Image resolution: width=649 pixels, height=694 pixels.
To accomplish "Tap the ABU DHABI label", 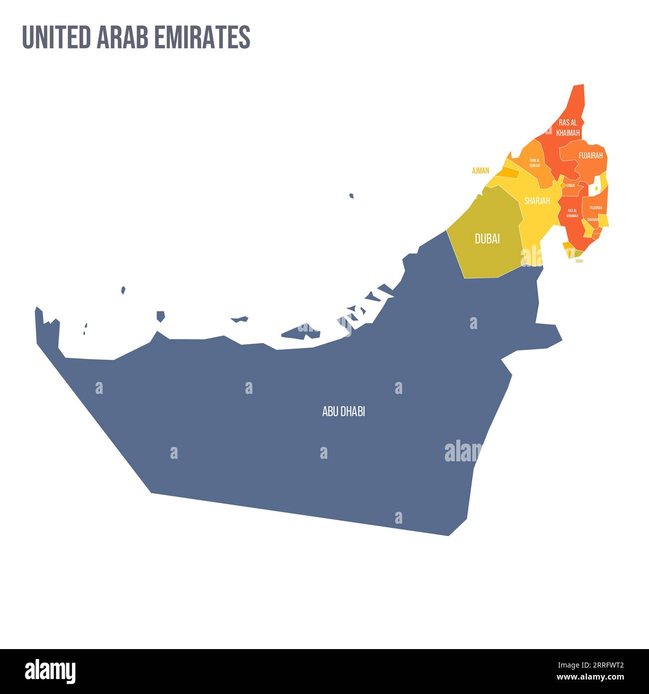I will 343,411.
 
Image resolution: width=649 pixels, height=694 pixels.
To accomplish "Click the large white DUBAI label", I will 487,239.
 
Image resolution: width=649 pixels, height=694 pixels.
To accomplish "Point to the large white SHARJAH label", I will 537,201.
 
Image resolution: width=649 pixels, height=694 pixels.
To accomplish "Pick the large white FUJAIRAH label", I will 591,155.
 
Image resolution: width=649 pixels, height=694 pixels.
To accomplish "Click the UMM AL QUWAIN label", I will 534,163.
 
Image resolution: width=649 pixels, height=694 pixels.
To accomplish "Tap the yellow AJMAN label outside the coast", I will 480,171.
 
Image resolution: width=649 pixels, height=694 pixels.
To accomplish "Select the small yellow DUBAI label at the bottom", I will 579,261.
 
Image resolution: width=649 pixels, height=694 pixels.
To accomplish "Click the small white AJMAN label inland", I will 570,185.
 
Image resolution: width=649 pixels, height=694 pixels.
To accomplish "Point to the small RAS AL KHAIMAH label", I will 572,213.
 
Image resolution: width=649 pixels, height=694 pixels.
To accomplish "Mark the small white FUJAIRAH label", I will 596,208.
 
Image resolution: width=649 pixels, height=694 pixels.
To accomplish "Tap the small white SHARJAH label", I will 593,220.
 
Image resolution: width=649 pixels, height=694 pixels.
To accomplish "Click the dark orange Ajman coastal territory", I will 509,172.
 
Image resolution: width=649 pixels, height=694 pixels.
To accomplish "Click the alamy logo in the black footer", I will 50,672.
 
